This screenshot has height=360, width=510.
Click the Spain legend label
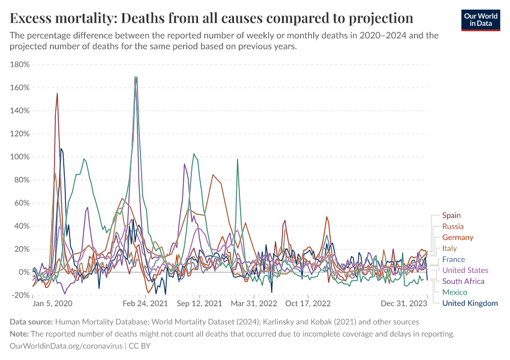(x=452, y=215)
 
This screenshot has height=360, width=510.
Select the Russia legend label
(x=453, y=226)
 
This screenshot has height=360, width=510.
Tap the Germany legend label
(x=458, y=238)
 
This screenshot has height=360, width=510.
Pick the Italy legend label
(x=449, y=248)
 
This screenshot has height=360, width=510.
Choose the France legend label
(x=454, y=259)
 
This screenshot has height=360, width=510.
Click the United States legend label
(x=465, y=271)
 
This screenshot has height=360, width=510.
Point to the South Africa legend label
(x=463, y=281)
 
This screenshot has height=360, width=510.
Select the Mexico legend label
(x=454, y=292)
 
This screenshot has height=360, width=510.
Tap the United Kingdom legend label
(x=470, y=304)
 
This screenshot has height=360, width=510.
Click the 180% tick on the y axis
(x=21, y=65)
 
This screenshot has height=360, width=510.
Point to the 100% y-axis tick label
(x=21, y=157)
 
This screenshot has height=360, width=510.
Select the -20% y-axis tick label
(x=21, y=295)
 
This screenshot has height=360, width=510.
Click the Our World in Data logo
(x=480, y=19)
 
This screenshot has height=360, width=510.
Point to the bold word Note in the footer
(x=20, y=334)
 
